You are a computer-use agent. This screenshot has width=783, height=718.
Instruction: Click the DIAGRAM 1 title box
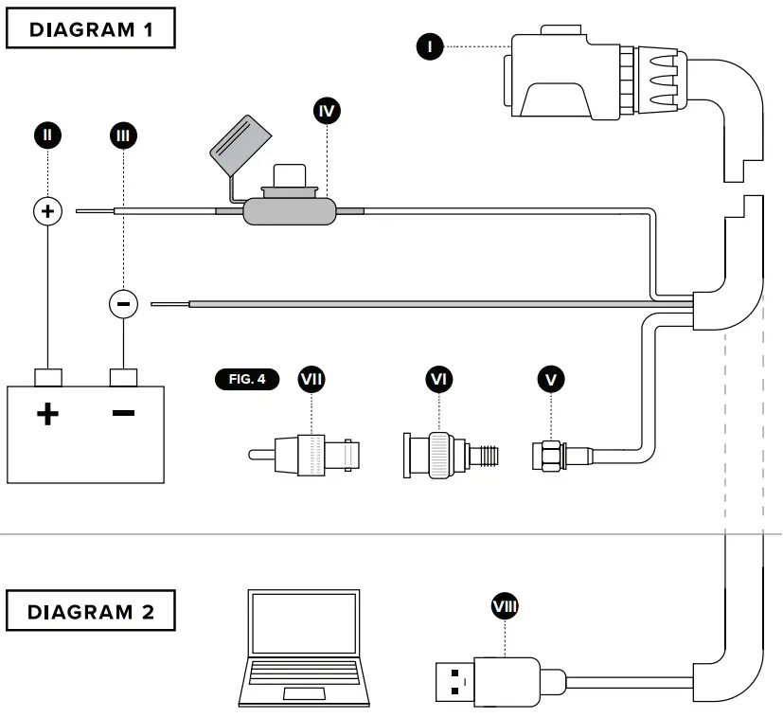tap(91, 29)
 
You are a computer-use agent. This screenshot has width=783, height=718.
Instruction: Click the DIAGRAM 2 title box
tap(93, 612)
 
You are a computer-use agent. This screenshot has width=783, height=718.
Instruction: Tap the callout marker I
tap(431, 45)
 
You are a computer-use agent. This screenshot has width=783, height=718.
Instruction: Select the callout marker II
tap(47, 135)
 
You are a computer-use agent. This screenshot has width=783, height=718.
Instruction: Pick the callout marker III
tap(123, 135)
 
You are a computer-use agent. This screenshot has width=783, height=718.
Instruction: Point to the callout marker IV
tap(327, 111)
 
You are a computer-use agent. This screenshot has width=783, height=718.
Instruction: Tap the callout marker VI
tap(438, 379)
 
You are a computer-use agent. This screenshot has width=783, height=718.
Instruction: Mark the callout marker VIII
tap(505, 605)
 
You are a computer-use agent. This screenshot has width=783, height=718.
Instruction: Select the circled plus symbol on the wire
tap(47, 210)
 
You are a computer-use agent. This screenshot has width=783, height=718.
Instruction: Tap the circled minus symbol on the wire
tap(123, 304)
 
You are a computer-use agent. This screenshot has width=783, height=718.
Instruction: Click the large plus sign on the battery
tap(47, 414)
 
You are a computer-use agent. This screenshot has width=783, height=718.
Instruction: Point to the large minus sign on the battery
tap(123, 414)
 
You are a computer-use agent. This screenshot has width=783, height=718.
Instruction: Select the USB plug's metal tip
tap(454, 682)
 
